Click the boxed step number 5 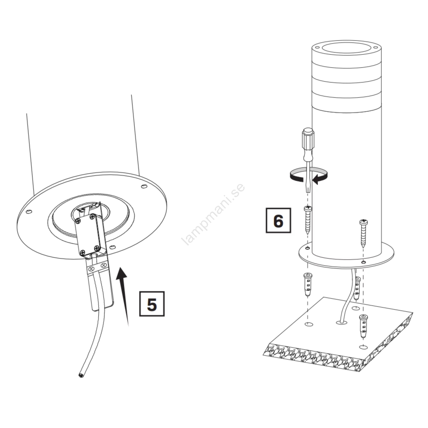tap(152, 304)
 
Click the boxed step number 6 tap(278, 220)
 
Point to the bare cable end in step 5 tap(81, 376)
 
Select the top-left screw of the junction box tap(78, 221)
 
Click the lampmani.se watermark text tap(213, 214)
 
